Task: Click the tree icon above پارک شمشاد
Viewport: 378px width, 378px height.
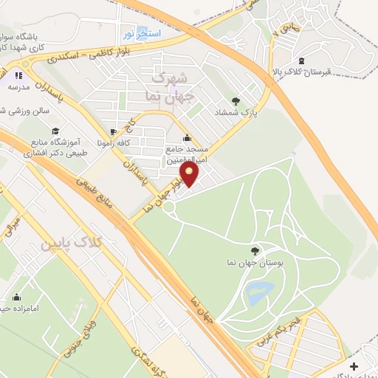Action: coord(236,101)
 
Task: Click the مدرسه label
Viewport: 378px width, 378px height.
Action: coord(19,86)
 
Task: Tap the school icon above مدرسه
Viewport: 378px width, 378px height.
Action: coord(19,75)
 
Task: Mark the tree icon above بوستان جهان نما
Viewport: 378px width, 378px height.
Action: coord(255,252)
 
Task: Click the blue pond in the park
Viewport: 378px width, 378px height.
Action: coord(258,292)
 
